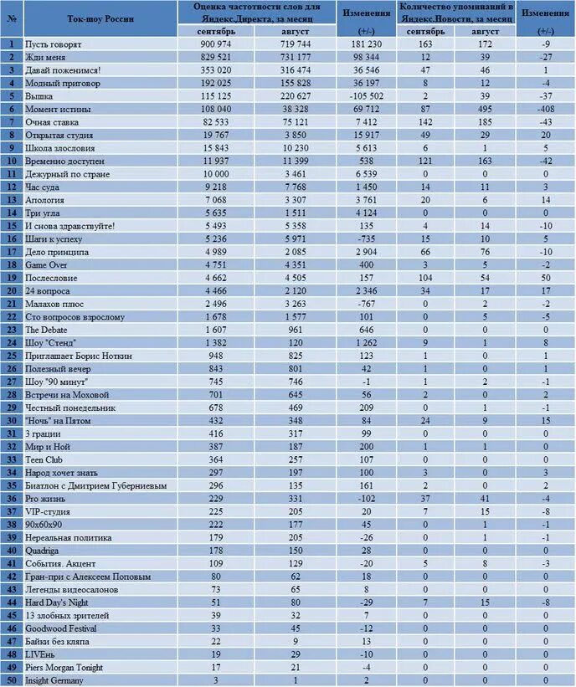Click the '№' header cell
(x=12, y=18)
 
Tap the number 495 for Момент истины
(x=483, y=110)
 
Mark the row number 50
(x=12, y=680)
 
